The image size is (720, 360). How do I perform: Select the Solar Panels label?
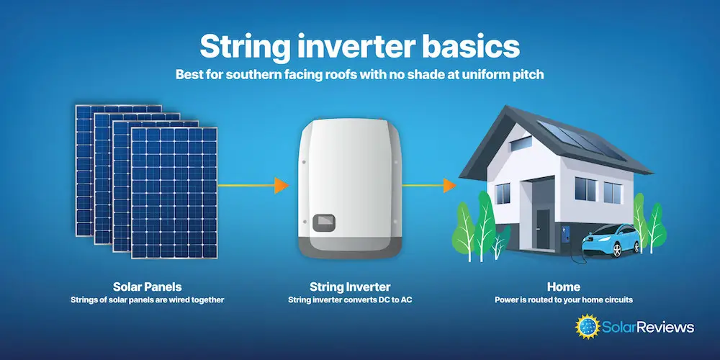pyautogui.click(x=148, y=287)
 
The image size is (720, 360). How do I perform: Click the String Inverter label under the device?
pyautogui.click(x=350, y=287)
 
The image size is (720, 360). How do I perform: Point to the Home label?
pyautogui.click(x=564, y=287)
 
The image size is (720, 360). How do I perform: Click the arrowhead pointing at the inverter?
pyautogui.click(x=281, y=186)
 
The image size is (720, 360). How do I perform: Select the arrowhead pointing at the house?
pyautogui.click(x=449, y=186)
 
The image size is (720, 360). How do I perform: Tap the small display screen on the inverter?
pyautogui.click(x=324, y=222)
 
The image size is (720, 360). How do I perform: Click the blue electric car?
pyautogui.click(x=611, y=240)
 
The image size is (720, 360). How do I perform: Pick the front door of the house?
pyautogui.click(x=543, y=229)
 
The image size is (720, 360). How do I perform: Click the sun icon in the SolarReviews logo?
pyautogui.click(x=588, y=326)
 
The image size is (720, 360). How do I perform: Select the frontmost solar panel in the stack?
pyautogui.click(x=174, y=193)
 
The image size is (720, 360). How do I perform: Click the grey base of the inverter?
pyautogui.click(x=351, y=246)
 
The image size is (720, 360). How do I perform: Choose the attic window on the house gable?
pyautogui.click(x=521, y=144)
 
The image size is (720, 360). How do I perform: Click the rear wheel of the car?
pyautogui.click(x=617, y=251)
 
